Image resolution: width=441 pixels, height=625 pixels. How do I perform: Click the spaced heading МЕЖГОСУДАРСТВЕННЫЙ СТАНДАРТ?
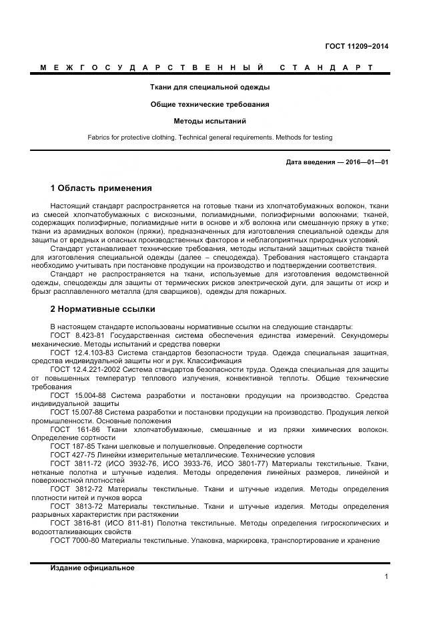tap(207, 67)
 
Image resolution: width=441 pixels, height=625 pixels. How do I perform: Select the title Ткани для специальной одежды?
tap(209, 87)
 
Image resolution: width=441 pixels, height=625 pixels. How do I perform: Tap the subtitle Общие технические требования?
tap(209, 104)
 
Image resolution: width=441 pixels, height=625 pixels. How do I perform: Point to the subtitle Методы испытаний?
tap(209, 121)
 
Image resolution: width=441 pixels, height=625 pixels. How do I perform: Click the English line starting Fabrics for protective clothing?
tap(209, 138)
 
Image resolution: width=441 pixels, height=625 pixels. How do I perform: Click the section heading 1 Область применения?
tap(101, 188)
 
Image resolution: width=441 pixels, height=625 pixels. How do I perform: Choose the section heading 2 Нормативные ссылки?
tap(103, 309)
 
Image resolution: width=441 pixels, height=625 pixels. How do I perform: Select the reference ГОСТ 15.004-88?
tap(77, 395)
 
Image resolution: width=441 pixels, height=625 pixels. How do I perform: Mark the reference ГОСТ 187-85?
tap(71, 446)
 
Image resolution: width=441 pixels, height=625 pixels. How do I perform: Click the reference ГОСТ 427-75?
tap(71, 455)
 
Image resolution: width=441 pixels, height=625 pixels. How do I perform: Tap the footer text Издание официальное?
tap(92, 568)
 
